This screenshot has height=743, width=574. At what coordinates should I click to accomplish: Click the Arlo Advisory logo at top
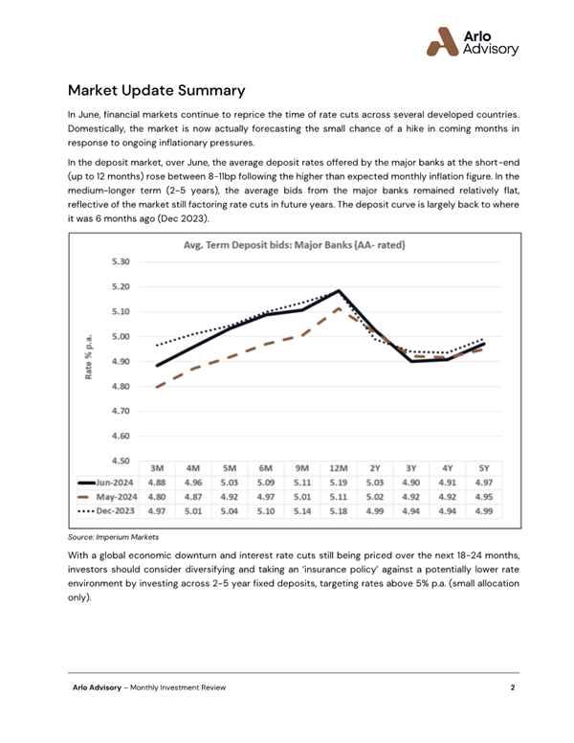[x=473, y=41]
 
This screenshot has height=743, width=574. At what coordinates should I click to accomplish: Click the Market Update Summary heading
[x=157, y=91]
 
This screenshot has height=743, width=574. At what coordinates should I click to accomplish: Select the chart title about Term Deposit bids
[x=294, y=245]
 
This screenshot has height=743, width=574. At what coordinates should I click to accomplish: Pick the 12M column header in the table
[x=338, y=467]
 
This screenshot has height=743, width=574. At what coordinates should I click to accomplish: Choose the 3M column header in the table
[x=159, y=467]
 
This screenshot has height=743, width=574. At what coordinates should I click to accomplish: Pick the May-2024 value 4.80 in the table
[x=159, y=498]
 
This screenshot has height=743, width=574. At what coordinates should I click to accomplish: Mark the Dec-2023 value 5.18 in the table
[x=338, y=513]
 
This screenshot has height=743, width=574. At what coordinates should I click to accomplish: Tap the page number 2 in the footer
[x=513, y=688]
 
